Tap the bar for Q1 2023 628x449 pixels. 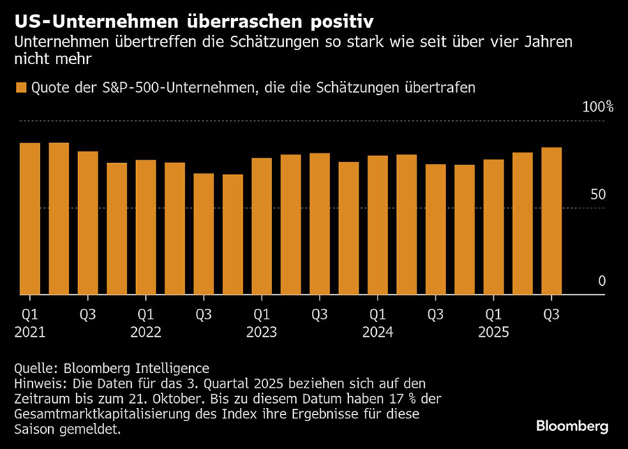point(262,226)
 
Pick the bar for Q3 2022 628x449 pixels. point(204,234)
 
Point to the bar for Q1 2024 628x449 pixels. point(377,224)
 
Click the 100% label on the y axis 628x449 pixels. point(597,107)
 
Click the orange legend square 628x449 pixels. point(20,88)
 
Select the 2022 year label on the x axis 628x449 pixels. point(146,332)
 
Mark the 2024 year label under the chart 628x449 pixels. point(377,332)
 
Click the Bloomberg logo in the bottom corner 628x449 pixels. point(572,426)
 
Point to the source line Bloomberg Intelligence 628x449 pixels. point(136,368)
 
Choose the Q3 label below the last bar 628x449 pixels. point(551,314)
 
